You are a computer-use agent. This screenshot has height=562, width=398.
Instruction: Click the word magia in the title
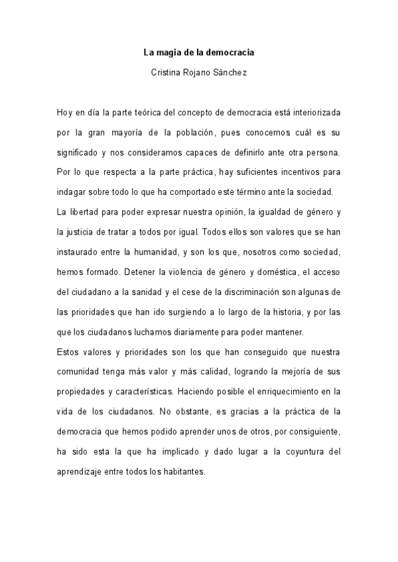click(x=170, y=52)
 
